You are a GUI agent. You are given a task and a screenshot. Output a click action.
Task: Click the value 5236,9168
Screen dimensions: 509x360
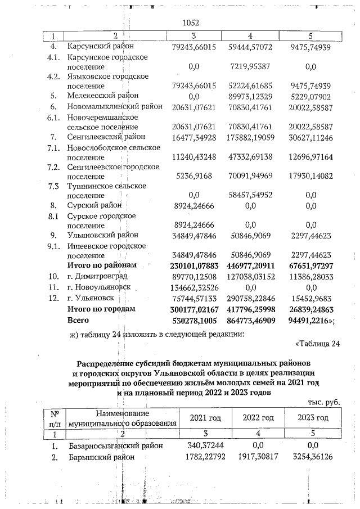193,176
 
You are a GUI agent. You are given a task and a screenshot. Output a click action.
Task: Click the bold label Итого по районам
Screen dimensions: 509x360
101,265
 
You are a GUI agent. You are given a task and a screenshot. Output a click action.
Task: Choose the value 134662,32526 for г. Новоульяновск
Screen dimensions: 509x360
193,287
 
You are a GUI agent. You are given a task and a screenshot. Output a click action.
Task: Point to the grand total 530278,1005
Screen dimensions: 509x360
193,320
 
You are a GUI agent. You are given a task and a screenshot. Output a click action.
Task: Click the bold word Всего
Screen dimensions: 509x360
79,320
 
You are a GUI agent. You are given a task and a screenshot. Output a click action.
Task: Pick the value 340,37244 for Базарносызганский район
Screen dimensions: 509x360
193,445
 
